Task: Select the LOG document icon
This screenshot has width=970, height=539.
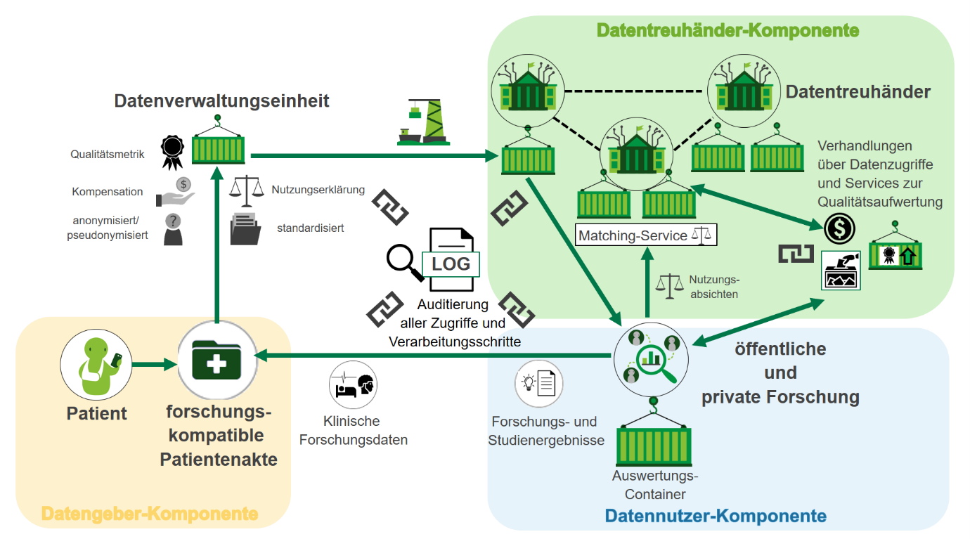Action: coord(451,261)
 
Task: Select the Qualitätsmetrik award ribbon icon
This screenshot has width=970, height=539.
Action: coord(172,152)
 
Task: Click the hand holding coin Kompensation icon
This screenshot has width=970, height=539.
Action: coord(176,192)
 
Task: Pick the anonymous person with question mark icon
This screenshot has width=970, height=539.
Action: coord(173,229)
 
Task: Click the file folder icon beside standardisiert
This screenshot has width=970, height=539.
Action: coord(247,228)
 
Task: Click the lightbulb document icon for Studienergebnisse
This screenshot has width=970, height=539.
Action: coord(539,384)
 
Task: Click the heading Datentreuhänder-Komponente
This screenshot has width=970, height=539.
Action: coord(727,31)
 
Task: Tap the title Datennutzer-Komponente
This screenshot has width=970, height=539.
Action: coord(716,517)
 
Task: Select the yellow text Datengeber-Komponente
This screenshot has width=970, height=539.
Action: coord(149,514)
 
